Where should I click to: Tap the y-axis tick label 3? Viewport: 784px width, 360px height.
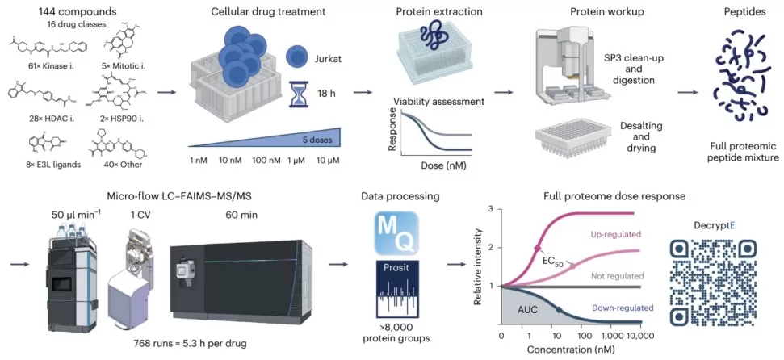coord(489,209)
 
